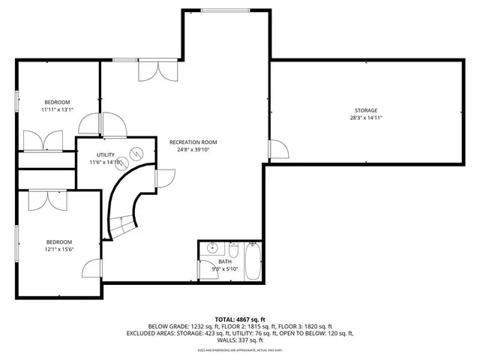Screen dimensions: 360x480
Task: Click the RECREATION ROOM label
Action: point(193,142)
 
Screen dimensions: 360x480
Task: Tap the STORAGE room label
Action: point(366,110)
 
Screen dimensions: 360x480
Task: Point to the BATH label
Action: point(225,262)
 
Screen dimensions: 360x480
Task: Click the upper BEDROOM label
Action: point(57,102)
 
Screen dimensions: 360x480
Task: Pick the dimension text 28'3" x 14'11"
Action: point(366,118)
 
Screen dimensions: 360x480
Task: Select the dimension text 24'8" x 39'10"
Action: point(193,149)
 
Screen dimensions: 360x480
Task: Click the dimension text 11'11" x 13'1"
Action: point(57,109)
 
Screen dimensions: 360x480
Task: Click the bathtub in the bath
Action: point(252,262)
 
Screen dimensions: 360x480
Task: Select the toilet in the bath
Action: point(233,248)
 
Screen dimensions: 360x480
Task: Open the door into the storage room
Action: point(277,149)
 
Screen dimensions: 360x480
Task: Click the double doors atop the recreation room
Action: point(157,70)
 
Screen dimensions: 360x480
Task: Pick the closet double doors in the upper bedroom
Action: point(43,140)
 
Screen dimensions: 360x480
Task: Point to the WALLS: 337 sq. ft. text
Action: point(240,339)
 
